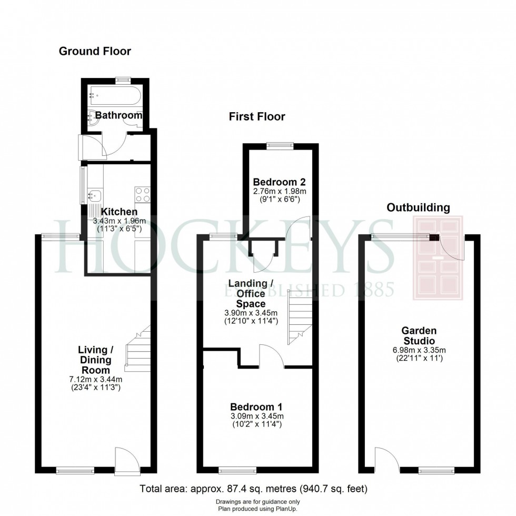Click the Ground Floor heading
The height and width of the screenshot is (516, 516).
(x=95, y=51)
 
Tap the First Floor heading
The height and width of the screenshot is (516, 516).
(x=257, y=116)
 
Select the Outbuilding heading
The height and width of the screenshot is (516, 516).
(x=418, y=207)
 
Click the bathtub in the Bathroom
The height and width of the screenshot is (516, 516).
(x=115, y=96)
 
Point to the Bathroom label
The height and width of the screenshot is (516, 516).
(x=119, y=115)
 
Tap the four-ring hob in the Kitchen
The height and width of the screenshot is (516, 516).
(x=143, y=194)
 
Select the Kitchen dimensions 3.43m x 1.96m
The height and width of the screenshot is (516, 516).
(x=120, y=221)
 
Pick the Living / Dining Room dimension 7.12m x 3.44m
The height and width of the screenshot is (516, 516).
(x=96, y=380)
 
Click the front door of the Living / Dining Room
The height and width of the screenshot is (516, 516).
(x=127, y=461)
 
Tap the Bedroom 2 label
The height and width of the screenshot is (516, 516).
(x=280, y=182)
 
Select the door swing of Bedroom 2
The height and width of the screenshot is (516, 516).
(x=298, y=227)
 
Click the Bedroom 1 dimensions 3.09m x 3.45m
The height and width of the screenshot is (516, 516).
(x=257, y=416)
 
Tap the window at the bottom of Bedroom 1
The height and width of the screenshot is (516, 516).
(x=237, y=471)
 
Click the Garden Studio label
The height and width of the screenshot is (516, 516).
(x=419, y=336)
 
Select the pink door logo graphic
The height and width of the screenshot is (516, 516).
(x=438, y=257)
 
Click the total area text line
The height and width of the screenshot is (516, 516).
(x=253, y=489)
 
